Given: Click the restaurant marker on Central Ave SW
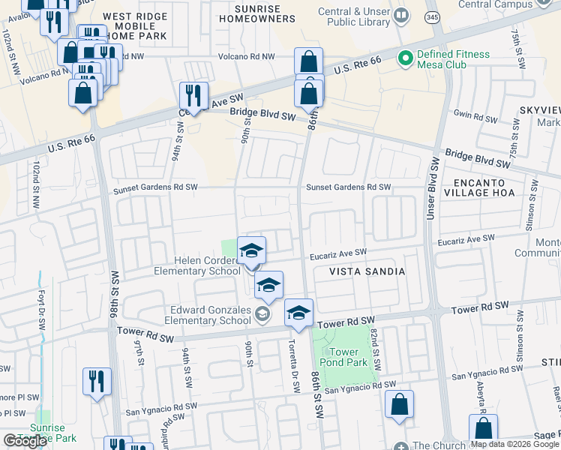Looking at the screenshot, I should [193, 96].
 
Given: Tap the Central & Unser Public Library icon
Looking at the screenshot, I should [401, 15].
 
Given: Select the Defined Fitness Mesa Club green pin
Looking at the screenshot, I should [406, 57].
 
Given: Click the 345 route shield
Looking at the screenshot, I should [432, 16].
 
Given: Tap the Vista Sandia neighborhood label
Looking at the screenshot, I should [367, 271].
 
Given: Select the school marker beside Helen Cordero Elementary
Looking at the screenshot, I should [251, 250].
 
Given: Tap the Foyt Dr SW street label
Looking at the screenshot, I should [38, 301].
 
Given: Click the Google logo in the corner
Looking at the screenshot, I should [25, 441].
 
